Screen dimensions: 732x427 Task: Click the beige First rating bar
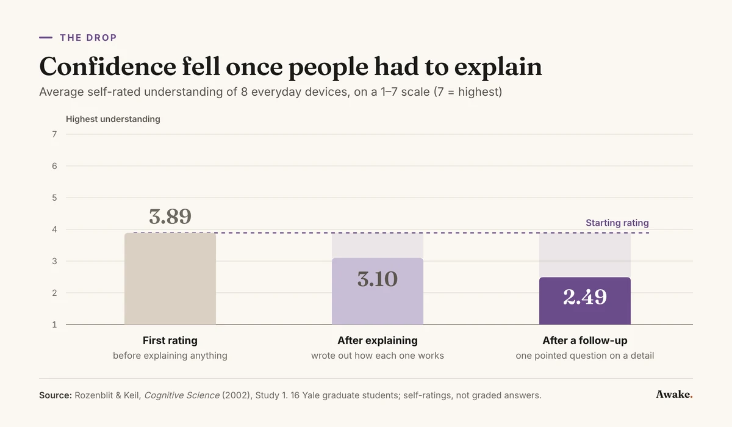tap(170, 279)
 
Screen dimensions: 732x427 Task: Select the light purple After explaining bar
tap(378, 291)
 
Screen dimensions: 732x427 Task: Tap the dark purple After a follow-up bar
tap(585, 301)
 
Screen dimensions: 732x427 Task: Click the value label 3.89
tap(170, 217)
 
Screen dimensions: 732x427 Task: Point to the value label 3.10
tap(378, 279)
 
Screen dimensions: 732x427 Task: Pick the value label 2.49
tap(585, 297)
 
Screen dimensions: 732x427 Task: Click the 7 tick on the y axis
tap(54, 134)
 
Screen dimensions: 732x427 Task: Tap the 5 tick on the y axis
tap(54, 198)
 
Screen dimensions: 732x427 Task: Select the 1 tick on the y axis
tap(54, 325)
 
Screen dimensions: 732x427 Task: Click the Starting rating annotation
tap(617, 223)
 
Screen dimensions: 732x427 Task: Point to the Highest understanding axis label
tap(113, 119)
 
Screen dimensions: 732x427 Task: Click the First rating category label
tap(170, 340)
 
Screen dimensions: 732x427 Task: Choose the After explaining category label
tap(378, 340)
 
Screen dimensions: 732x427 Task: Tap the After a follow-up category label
tap(585, 340)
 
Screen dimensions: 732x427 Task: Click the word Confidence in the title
tap(108, 66)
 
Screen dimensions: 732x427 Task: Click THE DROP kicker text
tap(88, 38)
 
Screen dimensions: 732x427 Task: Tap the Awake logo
tap(674, 394)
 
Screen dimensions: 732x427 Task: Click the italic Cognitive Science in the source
tap(182, 395)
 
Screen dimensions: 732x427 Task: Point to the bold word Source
tap(56, 395)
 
